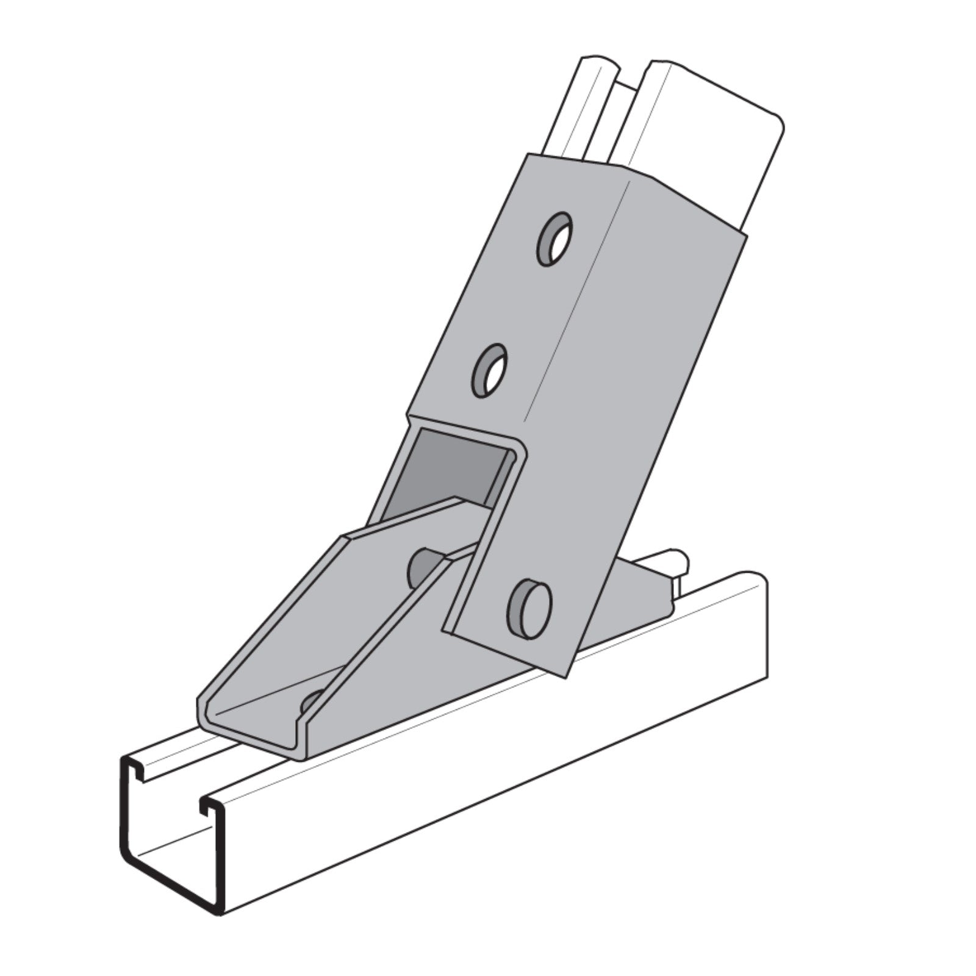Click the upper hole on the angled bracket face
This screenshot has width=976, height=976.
pyautogui.click(x=555, y=239)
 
